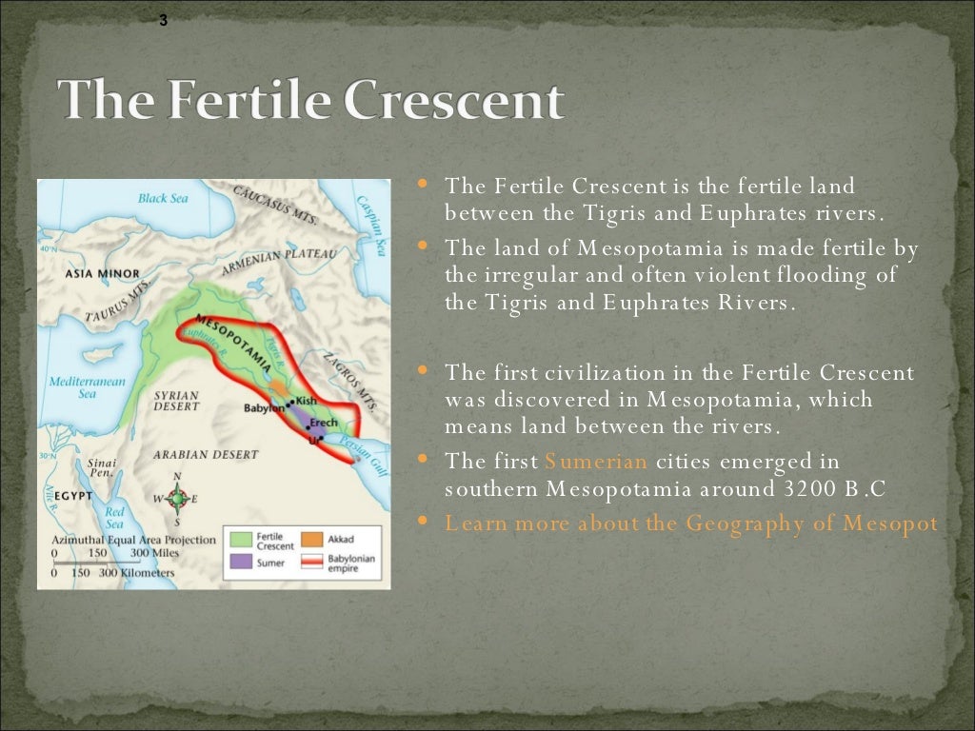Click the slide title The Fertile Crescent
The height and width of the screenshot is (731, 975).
(x=310, y=101)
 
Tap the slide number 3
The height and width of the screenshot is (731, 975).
(x=163, y=21)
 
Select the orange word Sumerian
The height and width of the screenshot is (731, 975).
(x=596, y=462)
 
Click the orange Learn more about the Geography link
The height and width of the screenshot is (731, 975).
(x=690, y=524)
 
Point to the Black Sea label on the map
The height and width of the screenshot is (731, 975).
(x=165, y=199)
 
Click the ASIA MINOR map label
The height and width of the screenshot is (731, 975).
(x=102, y=274)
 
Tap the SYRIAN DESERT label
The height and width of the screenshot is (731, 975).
(x=176, y=401)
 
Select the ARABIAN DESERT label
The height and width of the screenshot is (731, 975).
(x=206, y=455)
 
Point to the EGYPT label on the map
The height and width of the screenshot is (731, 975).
(x=72, y=496)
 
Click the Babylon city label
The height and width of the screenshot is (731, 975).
(x=263, y=408)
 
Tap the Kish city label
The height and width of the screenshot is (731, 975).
(x=306, y=401)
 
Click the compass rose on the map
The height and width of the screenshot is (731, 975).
(x=176, y=498)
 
